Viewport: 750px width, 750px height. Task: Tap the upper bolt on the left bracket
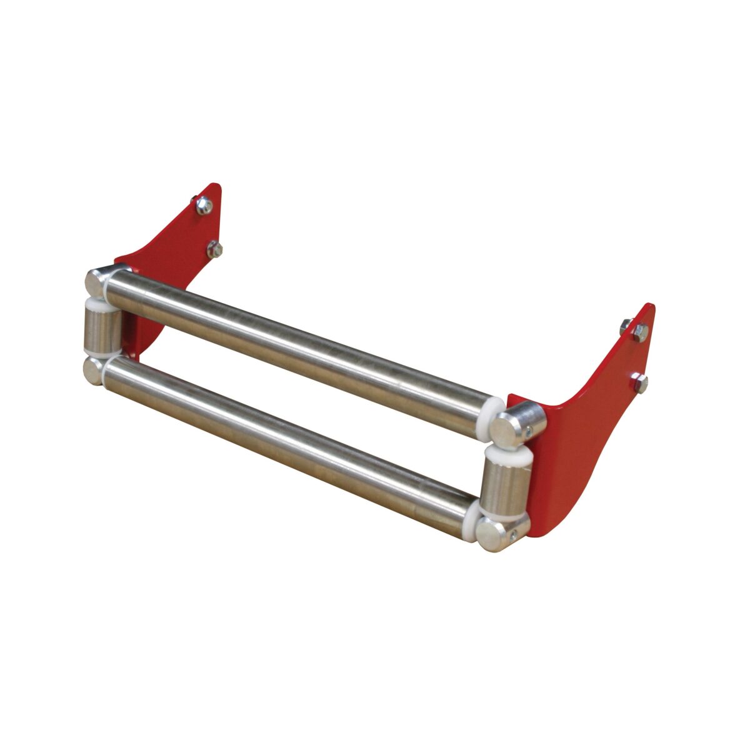coord(203,205)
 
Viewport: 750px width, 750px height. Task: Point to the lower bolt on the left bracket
coord(214,249)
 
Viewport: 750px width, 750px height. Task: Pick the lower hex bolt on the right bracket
coord(639,382)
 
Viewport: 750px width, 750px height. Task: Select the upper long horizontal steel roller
coord(300,341)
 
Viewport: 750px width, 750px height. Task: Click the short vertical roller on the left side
coord(102,329)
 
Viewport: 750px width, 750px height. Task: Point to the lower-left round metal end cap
coord(94,370)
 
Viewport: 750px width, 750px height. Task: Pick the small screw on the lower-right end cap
coord(514,535)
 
